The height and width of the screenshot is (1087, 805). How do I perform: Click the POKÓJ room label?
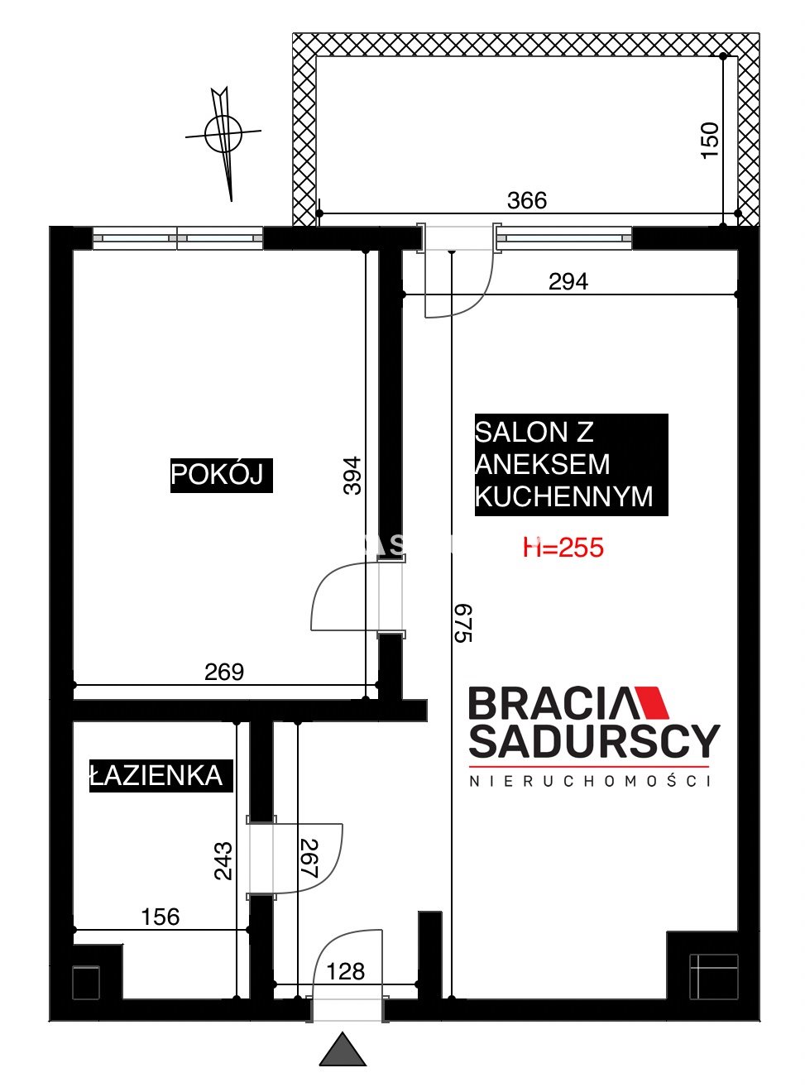[x=218, y=474]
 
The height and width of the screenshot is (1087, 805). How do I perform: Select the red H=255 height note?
[x=563, y=548]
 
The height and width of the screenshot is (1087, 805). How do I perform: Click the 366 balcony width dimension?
[x=527, y=200]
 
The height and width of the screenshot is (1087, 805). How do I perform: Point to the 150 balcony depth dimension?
[x=710, y=140]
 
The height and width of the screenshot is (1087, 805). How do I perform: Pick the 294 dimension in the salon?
[x=568, y=281]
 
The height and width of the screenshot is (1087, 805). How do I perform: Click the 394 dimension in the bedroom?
[x=352, y=476]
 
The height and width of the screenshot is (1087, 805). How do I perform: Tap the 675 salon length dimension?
[x=462, y=624]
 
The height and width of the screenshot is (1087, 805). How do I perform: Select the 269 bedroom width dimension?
[x=224, y=672]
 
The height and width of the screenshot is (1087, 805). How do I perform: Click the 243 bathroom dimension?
[x=223, y=861]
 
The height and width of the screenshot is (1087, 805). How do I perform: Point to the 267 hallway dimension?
[x=309, y=859]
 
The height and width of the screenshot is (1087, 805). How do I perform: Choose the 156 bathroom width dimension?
[x=161, y=917]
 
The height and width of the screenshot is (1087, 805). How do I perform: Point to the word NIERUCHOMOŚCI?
[x=590, y=781]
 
